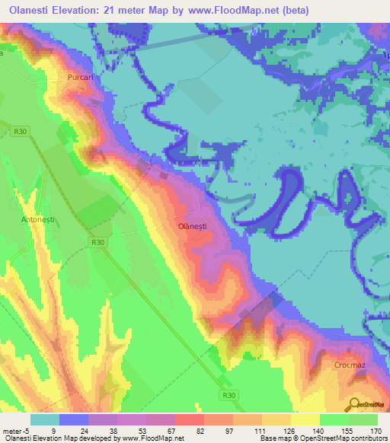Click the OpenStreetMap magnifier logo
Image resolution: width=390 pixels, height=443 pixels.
pos(353,403)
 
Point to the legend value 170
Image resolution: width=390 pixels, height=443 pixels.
pos(376,430)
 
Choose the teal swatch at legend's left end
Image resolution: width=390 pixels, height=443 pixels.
pos(45,419)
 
